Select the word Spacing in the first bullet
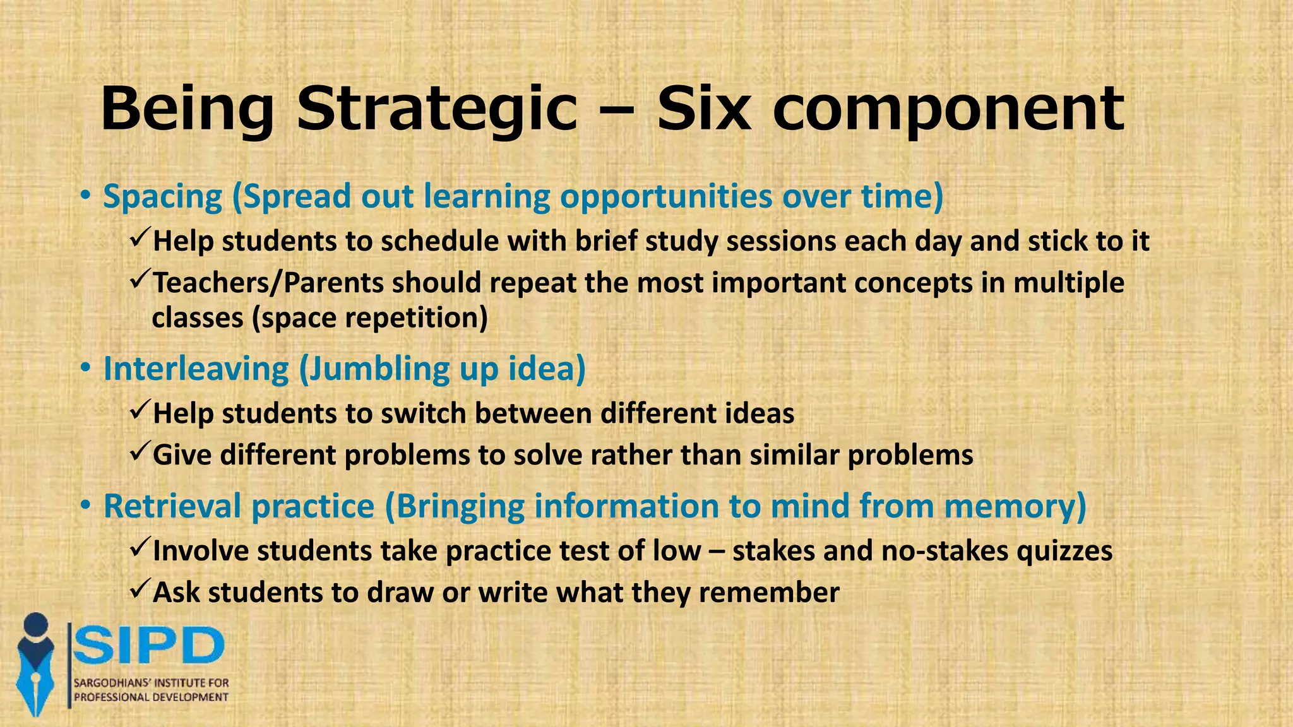(x=163, y=196)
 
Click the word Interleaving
(x=196, y=369)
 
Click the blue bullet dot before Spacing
(x=85, y=197)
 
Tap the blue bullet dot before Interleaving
(x=85, y=369)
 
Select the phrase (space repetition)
(x=370, y=317)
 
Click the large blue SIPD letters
(x=149, y=645)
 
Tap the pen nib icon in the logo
(x=35, y=675)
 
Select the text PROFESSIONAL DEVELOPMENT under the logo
(x=151, y=697)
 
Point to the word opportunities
(x=666, y=196)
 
